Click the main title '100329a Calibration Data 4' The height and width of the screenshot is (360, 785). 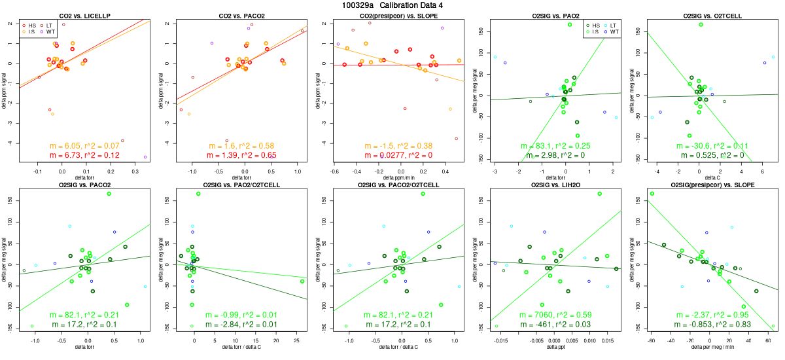coord(392,5)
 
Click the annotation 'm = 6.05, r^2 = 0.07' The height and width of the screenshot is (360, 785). coord(86,145)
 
